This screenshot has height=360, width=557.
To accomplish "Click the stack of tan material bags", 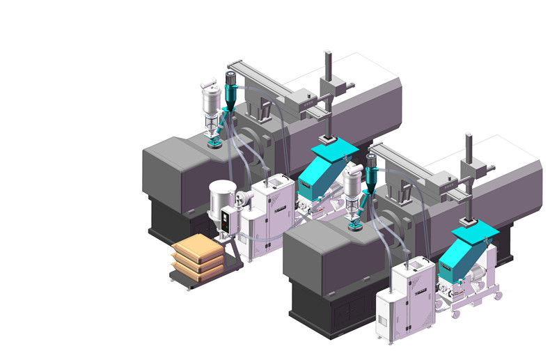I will coord(199,256).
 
